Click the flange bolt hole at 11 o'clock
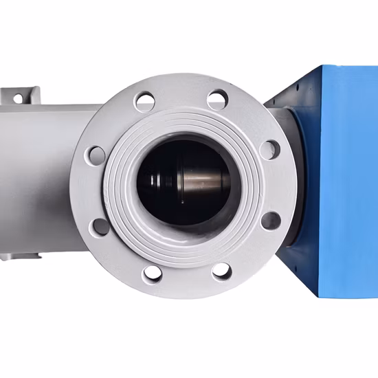click(x=146, y=102)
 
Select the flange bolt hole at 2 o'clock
click(x=271, y=149)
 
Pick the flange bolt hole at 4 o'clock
click(x=272, y=221)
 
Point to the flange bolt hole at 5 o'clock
click(x=221, y=271)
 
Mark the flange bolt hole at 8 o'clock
click(x=100, y=226)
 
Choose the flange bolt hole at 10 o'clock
click(x=96, y=155)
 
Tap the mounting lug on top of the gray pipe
click(x=21, y=94)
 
